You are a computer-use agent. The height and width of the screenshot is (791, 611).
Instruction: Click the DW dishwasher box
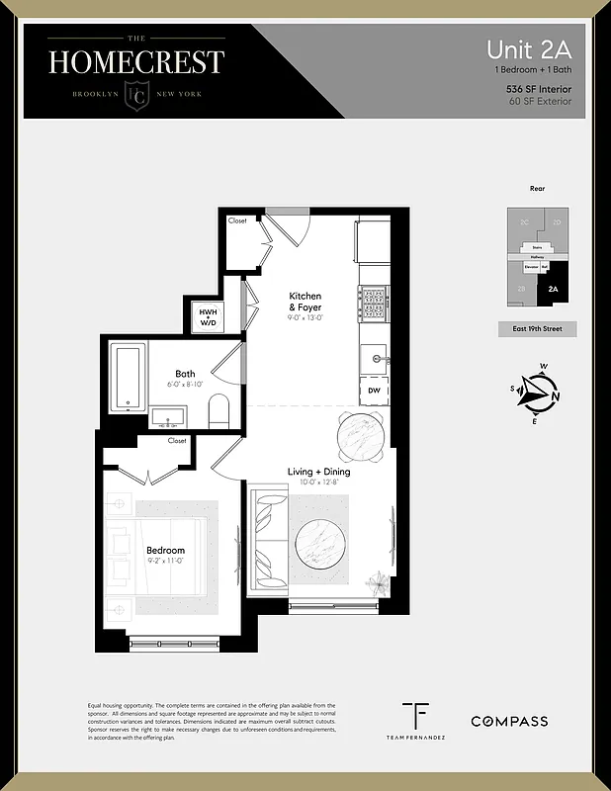click(x=374, y=391)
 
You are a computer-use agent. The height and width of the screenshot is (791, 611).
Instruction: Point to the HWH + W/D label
click(x=209, y=315)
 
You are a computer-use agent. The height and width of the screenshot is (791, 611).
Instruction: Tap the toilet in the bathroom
click(x=218, y=411)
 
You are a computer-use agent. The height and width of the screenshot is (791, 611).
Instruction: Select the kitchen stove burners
click(x=374, y=303)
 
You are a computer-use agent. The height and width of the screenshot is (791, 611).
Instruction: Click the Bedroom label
click(x=165, y=551)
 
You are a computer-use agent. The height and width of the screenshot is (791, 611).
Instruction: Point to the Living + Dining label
click(x=318, y=472)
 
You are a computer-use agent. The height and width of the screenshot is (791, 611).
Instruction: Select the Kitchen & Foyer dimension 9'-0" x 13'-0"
click(x=305, y=318)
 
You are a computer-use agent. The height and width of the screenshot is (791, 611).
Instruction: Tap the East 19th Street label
click(x=537, y=329)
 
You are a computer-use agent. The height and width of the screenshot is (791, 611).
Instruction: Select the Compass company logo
click(x=508, y=721)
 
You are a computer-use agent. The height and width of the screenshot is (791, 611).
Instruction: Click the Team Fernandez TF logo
click(x=415, y=716)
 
